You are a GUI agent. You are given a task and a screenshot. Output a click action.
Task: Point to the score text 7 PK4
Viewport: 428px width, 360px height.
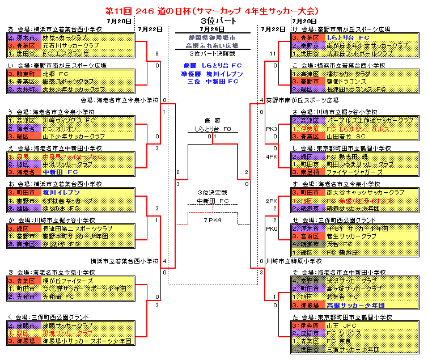[x=213, y=220]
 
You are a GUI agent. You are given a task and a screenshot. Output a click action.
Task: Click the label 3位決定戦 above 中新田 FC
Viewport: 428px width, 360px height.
[x=213, y=192]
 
